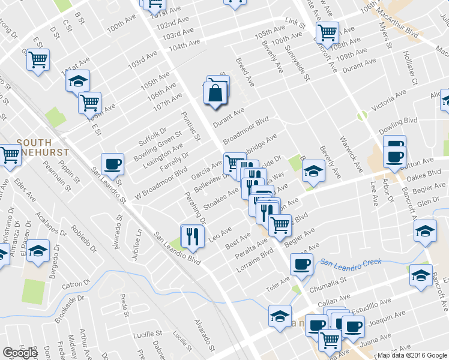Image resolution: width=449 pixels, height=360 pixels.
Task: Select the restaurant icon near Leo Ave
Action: (192, 235)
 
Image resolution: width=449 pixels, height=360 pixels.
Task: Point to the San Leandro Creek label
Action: (351, 262)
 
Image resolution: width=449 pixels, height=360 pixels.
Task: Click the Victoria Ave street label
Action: (389, 101)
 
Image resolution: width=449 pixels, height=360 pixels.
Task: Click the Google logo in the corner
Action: (20, 353)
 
